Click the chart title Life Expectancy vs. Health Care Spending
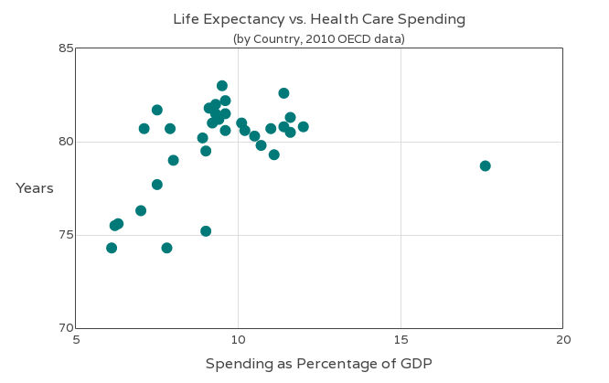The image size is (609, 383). pyautogui.click(x=319, y=19)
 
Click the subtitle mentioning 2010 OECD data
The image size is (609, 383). pyautogui.click(x=318, y=38)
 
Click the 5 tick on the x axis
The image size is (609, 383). pyautogui.click(x=76, y=340)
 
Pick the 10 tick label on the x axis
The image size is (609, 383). pyautogui.click(x=238, y=340)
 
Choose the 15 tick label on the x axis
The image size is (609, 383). pyautogui.click(x=401, y=340)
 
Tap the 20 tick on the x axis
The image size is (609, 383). pyautogui.click(x=562, y=340)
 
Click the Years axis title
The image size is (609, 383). pyautogui.click(x=35, y=188)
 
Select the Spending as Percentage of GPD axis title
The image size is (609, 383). pyautogui.click(x=318, y=364)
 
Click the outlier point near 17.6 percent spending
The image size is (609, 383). pyautogui.click(x=485, y=165)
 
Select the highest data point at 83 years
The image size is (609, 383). pyautogui.click(x=222, y=86)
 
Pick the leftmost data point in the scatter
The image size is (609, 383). pyautogui.click(x=112, y=248)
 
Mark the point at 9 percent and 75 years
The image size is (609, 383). pyautogui.click(x=206, y=231)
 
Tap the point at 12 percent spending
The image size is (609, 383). pyautogui.click(x=303, y=127)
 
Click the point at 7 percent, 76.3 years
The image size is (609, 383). pyautogui.click(x=141, y=210)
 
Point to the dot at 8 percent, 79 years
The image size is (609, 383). pyautogui.click(x=173, y=160)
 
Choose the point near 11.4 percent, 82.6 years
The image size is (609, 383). pyautogui.click(x=283, y=93)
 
